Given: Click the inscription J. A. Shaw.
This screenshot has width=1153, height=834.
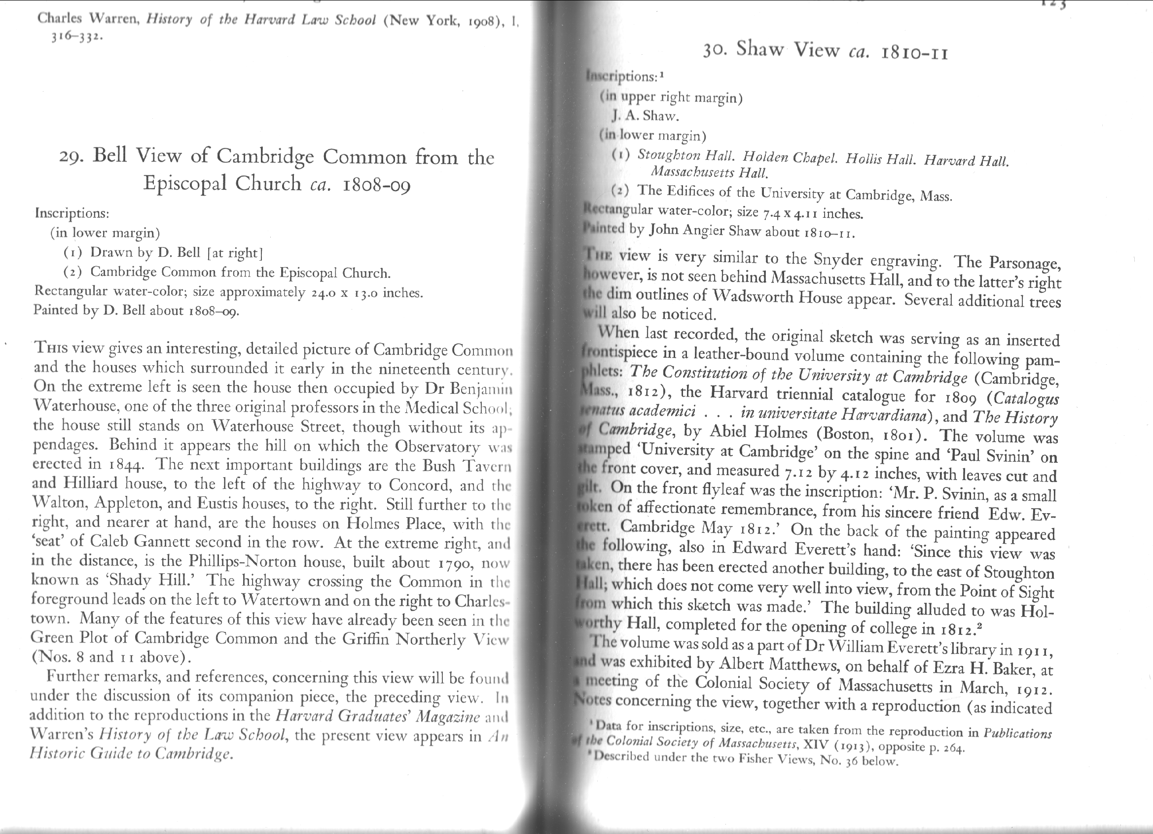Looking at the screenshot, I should point(645,116).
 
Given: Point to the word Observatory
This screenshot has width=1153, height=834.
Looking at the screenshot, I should point(437,446).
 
